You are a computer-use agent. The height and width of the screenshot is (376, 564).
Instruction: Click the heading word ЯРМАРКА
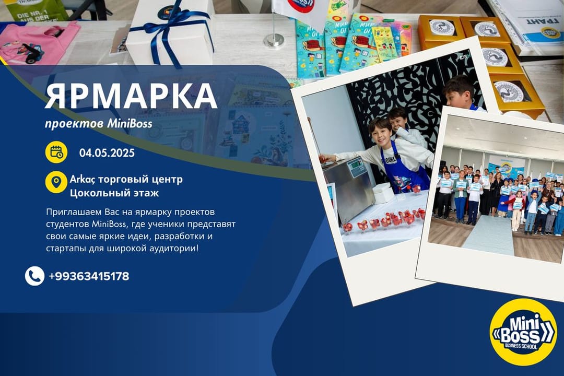131,97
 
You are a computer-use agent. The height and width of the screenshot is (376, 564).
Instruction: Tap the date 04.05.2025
107,153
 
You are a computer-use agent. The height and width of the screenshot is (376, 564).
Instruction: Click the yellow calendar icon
56,152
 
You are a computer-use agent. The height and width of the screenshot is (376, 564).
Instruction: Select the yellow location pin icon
56,182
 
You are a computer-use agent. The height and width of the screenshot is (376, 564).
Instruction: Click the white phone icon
34,276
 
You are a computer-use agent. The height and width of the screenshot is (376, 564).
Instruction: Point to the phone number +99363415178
89,276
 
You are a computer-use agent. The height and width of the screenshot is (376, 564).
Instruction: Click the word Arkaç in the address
83,180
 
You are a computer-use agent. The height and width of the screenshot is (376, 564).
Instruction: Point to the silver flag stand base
274,41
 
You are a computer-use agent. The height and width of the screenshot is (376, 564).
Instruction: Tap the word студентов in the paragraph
67,225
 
